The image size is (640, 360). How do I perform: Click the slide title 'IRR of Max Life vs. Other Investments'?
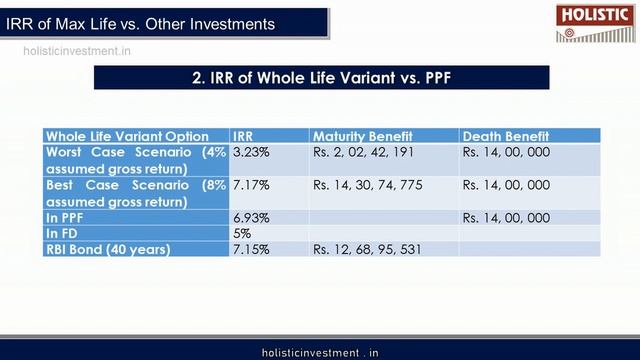pos(140,22)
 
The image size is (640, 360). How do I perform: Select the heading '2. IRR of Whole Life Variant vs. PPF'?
pos(321,78)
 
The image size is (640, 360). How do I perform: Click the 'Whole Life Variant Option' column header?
pos(127,136)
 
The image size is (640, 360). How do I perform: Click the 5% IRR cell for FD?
pos(242,233)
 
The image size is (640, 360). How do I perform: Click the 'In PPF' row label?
pos(69,217)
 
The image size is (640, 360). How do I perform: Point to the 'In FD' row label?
pos(65,233)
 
